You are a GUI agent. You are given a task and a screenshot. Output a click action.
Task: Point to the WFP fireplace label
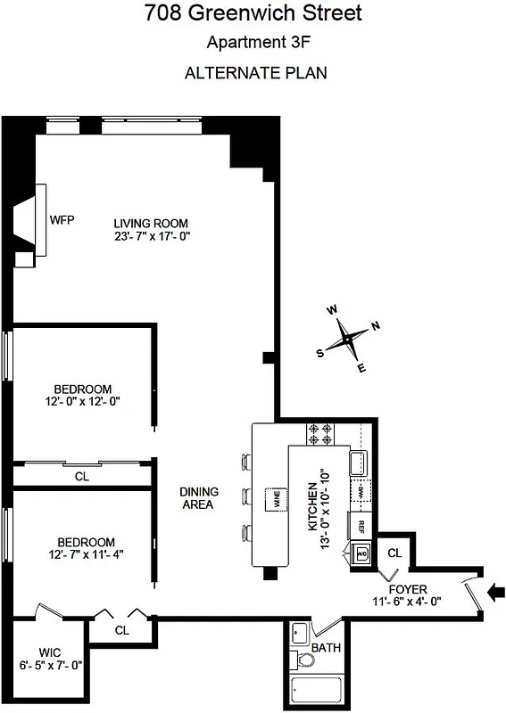[x=62, y=218]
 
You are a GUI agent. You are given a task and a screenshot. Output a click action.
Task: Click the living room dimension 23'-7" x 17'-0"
[x=152, y=237]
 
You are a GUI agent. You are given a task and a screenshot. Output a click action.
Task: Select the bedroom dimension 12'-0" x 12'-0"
[x=82, y=402]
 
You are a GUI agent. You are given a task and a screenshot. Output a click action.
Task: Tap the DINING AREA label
[x=197, y=497]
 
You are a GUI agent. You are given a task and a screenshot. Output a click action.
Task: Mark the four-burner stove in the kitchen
[x=321, y=433]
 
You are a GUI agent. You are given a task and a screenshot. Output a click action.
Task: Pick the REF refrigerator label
[x=362, y=526]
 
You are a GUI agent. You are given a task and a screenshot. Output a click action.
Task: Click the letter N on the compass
[x=376, y=325]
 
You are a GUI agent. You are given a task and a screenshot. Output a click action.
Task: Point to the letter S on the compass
[x=320, y=352]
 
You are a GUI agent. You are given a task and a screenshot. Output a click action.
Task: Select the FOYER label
[x=409, y=589]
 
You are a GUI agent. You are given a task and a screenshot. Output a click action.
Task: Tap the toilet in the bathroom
[x=305, y=661]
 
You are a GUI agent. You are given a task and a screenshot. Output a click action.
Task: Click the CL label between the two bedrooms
[x=82, y=477]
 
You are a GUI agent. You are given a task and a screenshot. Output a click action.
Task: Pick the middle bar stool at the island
[x=246, y=496]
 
